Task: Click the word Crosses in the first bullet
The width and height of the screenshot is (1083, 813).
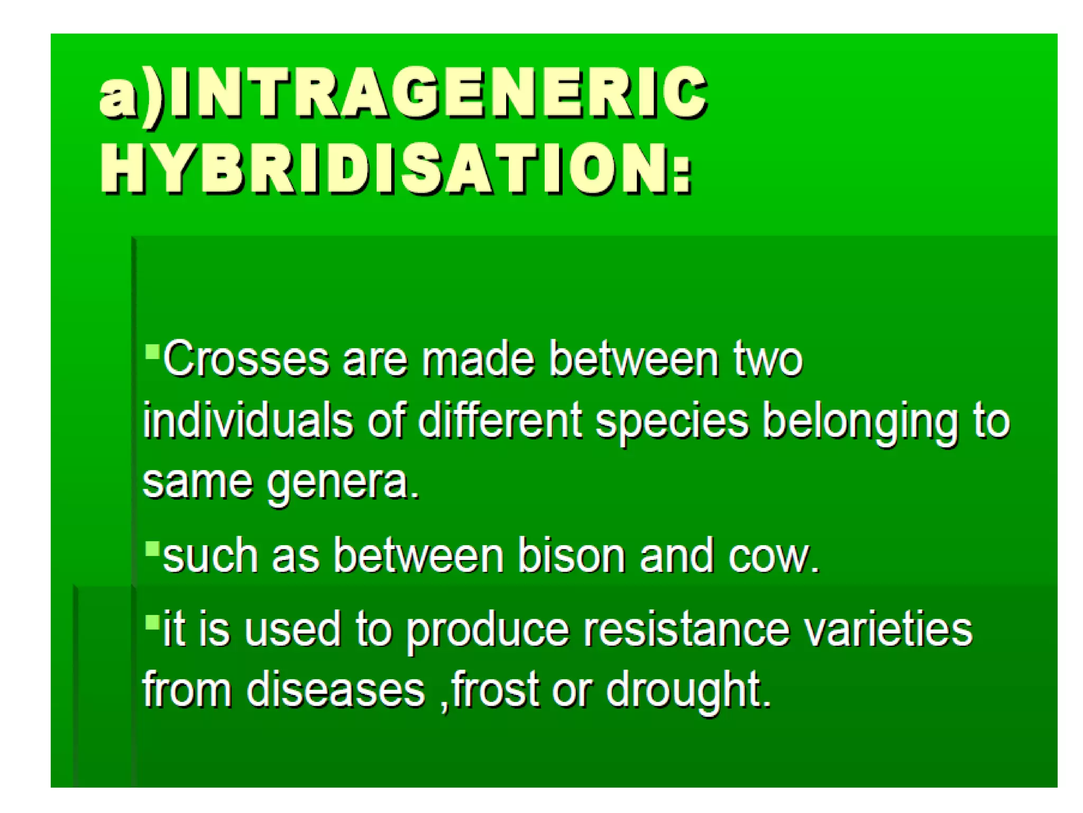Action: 246,360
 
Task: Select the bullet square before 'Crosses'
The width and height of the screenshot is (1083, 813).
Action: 152,351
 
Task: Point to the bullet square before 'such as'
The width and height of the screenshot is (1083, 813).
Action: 152,548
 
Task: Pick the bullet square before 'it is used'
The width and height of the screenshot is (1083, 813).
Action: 152,621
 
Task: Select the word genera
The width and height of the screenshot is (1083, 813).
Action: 343,483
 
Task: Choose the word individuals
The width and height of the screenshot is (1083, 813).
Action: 247,421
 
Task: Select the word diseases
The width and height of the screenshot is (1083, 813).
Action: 336,689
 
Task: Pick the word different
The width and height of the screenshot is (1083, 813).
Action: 500,421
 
